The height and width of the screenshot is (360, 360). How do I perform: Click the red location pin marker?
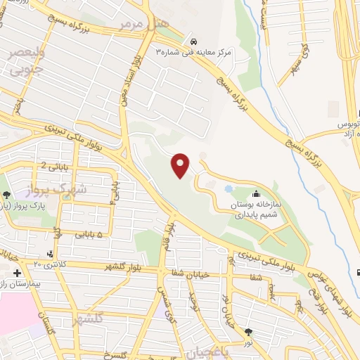point(181,165)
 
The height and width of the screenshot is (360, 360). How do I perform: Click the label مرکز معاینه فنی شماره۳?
point(193,53)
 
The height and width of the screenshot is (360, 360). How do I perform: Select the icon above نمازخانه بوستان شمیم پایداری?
point(255,193)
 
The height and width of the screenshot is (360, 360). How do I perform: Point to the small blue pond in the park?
point(229,188)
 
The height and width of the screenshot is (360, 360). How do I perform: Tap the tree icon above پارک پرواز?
point(6,195)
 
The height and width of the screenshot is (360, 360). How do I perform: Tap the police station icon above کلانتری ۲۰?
point(49,253)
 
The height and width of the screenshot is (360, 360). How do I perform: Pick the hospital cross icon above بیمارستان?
point(16,271)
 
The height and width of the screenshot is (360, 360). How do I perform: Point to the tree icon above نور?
point(247,331)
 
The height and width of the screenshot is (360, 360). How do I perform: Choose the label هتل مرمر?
point(143,24)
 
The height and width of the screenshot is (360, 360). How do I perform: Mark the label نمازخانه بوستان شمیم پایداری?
point(257,207)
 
